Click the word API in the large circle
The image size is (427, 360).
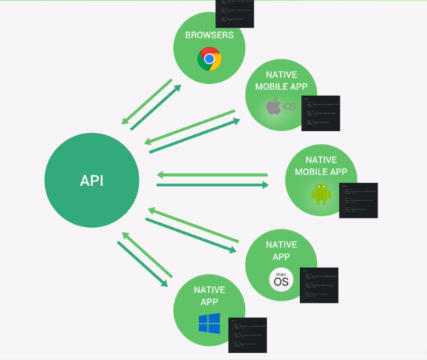(x=91, y=181)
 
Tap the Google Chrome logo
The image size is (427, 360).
(x=209, y=59)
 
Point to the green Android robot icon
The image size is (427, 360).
(x=321, y=194)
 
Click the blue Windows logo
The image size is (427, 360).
(x=209, y=323)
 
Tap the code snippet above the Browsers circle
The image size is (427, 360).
(x=235, y=13)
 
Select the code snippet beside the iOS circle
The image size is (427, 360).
(x=320, y=112)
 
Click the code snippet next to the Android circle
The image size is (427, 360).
(x=358, y=200)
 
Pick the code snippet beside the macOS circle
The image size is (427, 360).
(x=319, y=285)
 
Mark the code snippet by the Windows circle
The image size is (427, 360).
(x=247, y=335)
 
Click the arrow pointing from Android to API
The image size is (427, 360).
(x=212, y=175)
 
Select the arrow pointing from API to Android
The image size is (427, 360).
(x=212, y=185)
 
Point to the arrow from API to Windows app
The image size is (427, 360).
(x=143, y=264)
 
